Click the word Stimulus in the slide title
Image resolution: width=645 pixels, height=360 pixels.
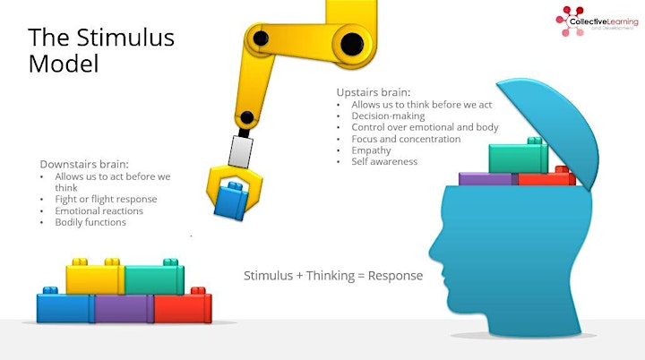coord(125,38)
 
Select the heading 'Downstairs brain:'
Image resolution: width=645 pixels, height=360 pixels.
coord(84,164)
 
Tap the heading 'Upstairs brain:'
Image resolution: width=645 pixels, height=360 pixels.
coord(374,92)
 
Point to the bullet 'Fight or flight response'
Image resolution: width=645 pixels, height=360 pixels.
coord(106,199)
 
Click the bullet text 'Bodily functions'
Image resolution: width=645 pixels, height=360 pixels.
coord(90,222)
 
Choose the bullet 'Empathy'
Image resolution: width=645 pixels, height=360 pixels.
coord(371,150)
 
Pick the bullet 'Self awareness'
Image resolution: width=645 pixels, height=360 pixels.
coord(384,162)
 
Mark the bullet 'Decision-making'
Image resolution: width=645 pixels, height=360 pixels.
coord(388,116)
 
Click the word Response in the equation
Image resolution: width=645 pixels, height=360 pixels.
coord(395,276)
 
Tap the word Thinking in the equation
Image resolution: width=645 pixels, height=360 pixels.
coord(331,276)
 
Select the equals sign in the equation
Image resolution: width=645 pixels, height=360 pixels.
coord(361,276)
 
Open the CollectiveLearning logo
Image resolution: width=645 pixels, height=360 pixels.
coord(597,21)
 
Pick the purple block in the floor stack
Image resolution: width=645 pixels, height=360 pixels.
coord(124,308)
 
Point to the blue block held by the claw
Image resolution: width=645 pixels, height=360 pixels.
coord(231,201)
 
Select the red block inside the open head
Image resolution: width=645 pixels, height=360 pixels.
coord(546,177)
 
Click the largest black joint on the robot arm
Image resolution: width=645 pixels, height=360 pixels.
coord(352,44)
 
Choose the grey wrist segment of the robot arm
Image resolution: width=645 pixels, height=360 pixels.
coord(241,152)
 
